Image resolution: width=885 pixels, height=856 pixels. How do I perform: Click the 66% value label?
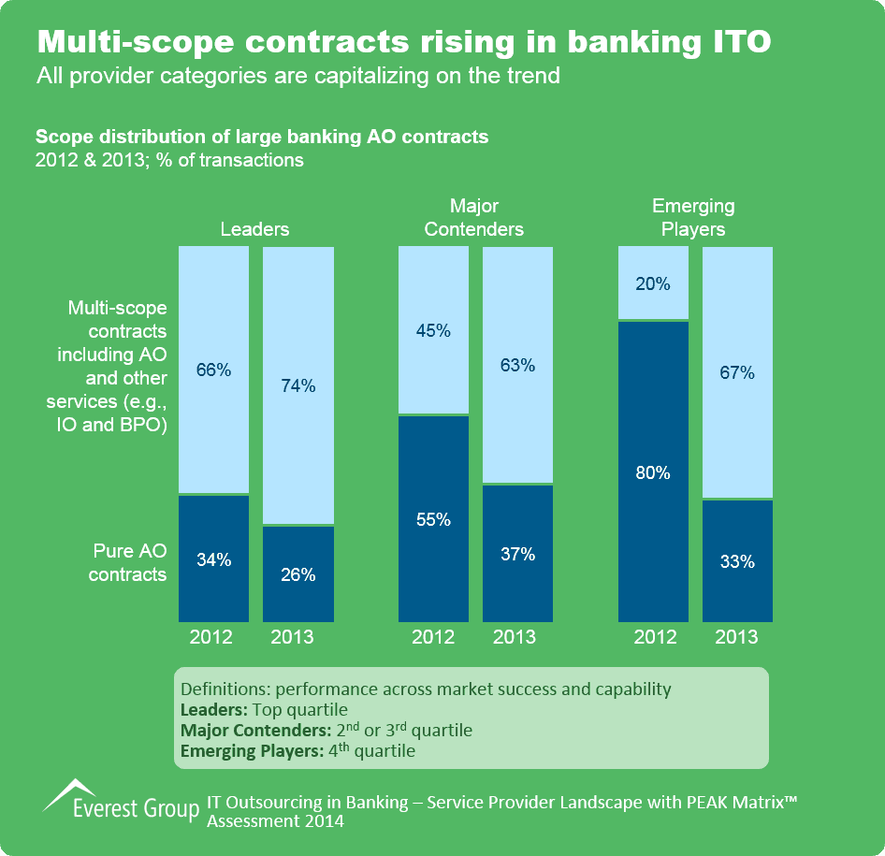point(213,370)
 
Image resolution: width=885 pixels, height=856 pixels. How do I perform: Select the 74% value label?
point(297,385)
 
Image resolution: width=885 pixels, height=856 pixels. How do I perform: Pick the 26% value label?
point(297,574)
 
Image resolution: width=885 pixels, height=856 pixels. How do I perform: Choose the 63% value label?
point(517,365)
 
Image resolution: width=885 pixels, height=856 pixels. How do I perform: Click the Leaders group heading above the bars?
point(254,229)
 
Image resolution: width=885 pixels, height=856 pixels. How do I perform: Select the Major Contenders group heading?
point(474,217)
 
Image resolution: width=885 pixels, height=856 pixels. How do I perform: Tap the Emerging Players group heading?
point(693,217)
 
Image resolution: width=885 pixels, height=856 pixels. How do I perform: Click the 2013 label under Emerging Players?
point(737,638)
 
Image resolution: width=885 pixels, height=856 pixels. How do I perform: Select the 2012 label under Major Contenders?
point(433,638)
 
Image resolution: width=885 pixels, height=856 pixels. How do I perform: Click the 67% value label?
point(737,373)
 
